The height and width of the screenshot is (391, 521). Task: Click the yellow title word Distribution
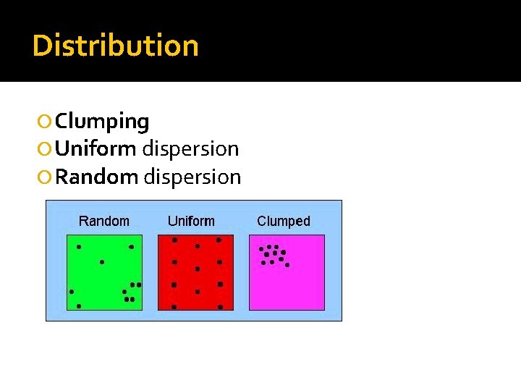pos(116,46)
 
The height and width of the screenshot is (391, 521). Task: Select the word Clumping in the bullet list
pos(102,122)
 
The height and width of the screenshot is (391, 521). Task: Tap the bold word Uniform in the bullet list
pos(96,149)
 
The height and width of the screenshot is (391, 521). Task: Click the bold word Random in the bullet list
pos(96,177)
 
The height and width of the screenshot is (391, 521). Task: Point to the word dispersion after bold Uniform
pos(190,149)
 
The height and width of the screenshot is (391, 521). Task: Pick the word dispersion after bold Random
pos(192,177)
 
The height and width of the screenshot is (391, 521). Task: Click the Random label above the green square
pos(104,221)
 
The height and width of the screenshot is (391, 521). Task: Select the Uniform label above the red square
pos(191,221)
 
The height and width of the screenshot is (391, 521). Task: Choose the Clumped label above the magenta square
pos(284,221)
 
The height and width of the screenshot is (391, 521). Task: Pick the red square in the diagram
pos(196,272)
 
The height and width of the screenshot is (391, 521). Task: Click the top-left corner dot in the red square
pos(174,240)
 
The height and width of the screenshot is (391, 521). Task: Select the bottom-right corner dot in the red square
pos(220,307)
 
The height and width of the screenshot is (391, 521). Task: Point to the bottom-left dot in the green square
pos(79,306)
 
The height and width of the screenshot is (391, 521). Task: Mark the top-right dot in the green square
pos(131,247)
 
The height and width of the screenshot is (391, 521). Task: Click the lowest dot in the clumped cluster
pos(287,265)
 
